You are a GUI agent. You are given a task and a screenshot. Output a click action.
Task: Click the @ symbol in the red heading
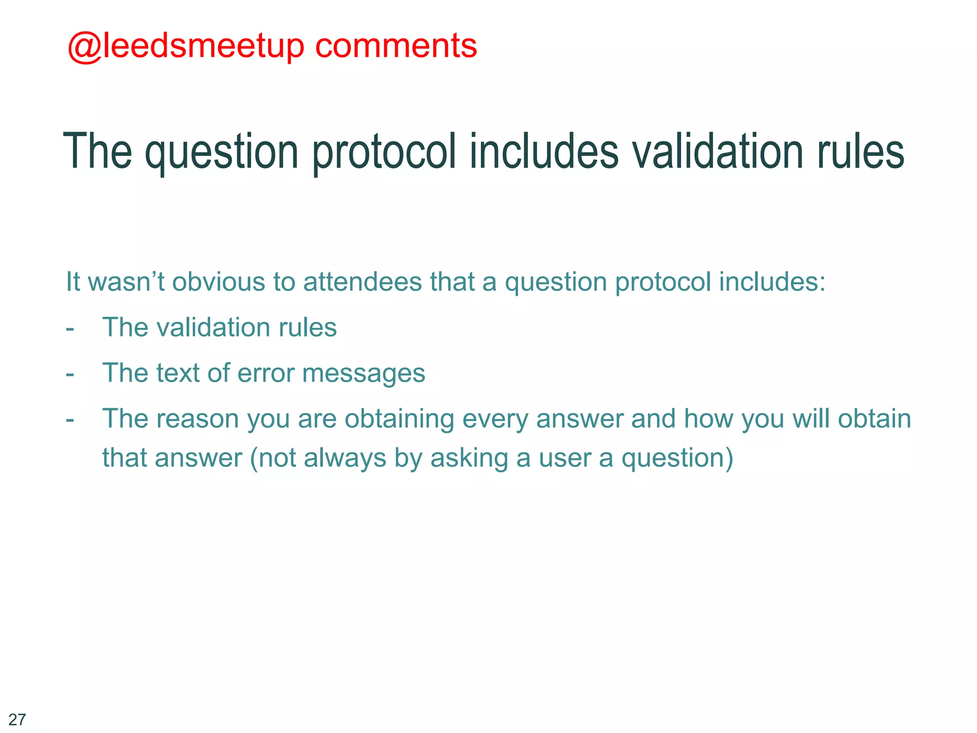84,47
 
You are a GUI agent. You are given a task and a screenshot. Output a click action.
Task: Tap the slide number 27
17,719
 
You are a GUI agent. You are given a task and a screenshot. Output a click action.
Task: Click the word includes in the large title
544,151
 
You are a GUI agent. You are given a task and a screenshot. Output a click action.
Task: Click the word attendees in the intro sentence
363,282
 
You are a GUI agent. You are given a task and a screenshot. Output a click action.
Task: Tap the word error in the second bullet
266,373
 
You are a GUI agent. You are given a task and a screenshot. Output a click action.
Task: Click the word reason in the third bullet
197,419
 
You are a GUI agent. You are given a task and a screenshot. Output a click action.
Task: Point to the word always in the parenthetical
344,458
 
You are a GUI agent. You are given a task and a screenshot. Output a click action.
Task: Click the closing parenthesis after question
728,458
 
